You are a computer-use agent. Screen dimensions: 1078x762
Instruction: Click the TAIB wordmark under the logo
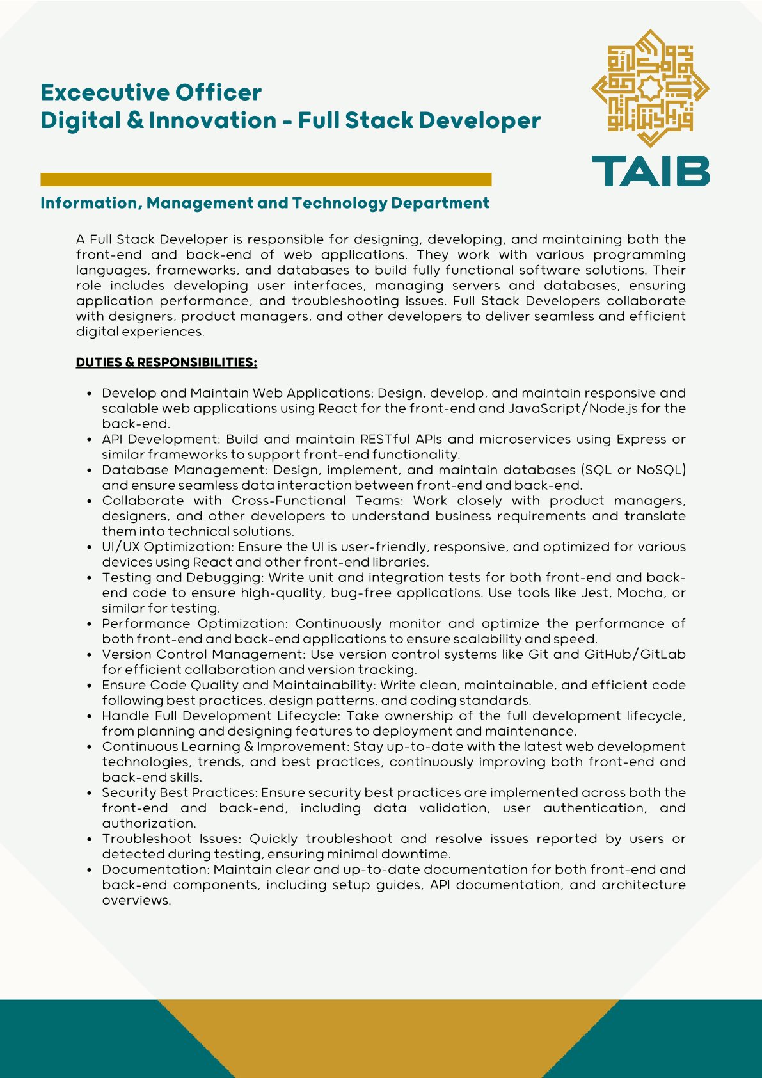650,171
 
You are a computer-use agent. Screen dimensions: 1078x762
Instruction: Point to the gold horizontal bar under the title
266,179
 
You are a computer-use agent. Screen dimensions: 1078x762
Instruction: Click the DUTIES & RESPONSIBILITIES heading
166,362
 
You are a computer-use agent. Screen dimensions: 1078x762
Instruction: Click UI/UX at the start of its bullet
120,547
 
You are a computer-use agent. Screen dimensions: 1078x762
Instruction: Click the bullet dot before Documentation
90,870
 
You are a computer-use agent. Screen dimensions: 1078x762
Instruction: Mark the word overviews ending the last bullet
136,900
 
